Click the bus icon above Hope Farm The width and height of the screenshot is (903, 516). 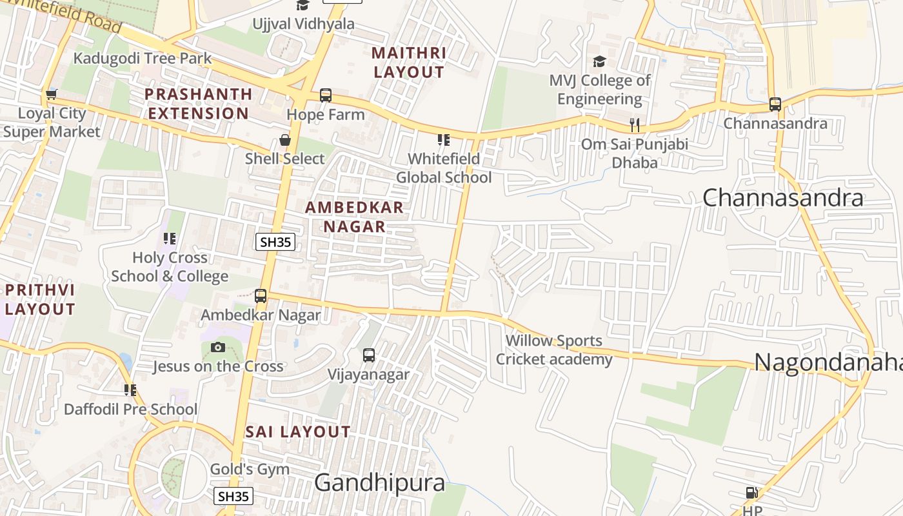pos(326,95)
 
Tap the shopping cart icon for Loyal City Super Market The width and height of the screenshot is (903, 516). pos(52,94)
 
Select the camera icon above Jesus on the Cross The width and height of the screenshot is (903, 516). pos(218,347)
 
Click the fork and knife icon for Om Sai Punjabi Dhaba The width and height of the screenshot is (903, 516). pos(635,125)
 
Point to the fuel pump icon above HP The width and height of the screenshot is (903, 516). pos(751,493)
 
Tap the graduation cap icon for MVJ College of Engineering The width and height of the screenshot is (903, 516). pos(600,62)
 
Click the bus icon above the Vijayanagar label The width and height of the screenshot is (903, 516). pos(369,355)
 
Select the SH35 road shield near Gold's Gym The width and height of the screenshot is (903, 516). pos(233,496)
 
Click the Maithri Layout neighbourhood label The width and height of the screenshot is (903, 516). pos(409,63)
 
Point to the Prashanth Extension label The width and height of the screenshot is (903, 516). pos(197,103)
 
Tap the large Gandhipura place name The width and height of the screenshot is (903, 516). pos(379,482)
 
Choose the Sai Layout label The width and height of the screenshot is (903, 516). pos(298,432)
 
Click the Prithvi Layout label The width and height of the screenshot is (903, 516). pos(40,299)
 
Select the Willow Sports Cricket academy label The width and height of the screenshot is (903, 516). pos(554,350)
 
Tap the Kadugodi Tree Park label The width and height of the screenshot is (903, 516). pos(142,58)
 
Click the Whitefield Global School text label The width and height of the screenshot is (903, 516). pos(444,168)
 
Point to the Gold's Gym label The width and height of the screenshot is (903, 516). pos(250,469)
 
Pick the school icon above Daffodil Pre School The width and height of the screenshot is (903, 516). pos(130,390)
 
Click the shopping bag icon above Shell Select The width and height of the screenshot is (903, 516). pos(284,140)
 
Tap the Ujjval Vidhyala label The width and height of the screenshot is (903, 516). pos(303,24)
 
